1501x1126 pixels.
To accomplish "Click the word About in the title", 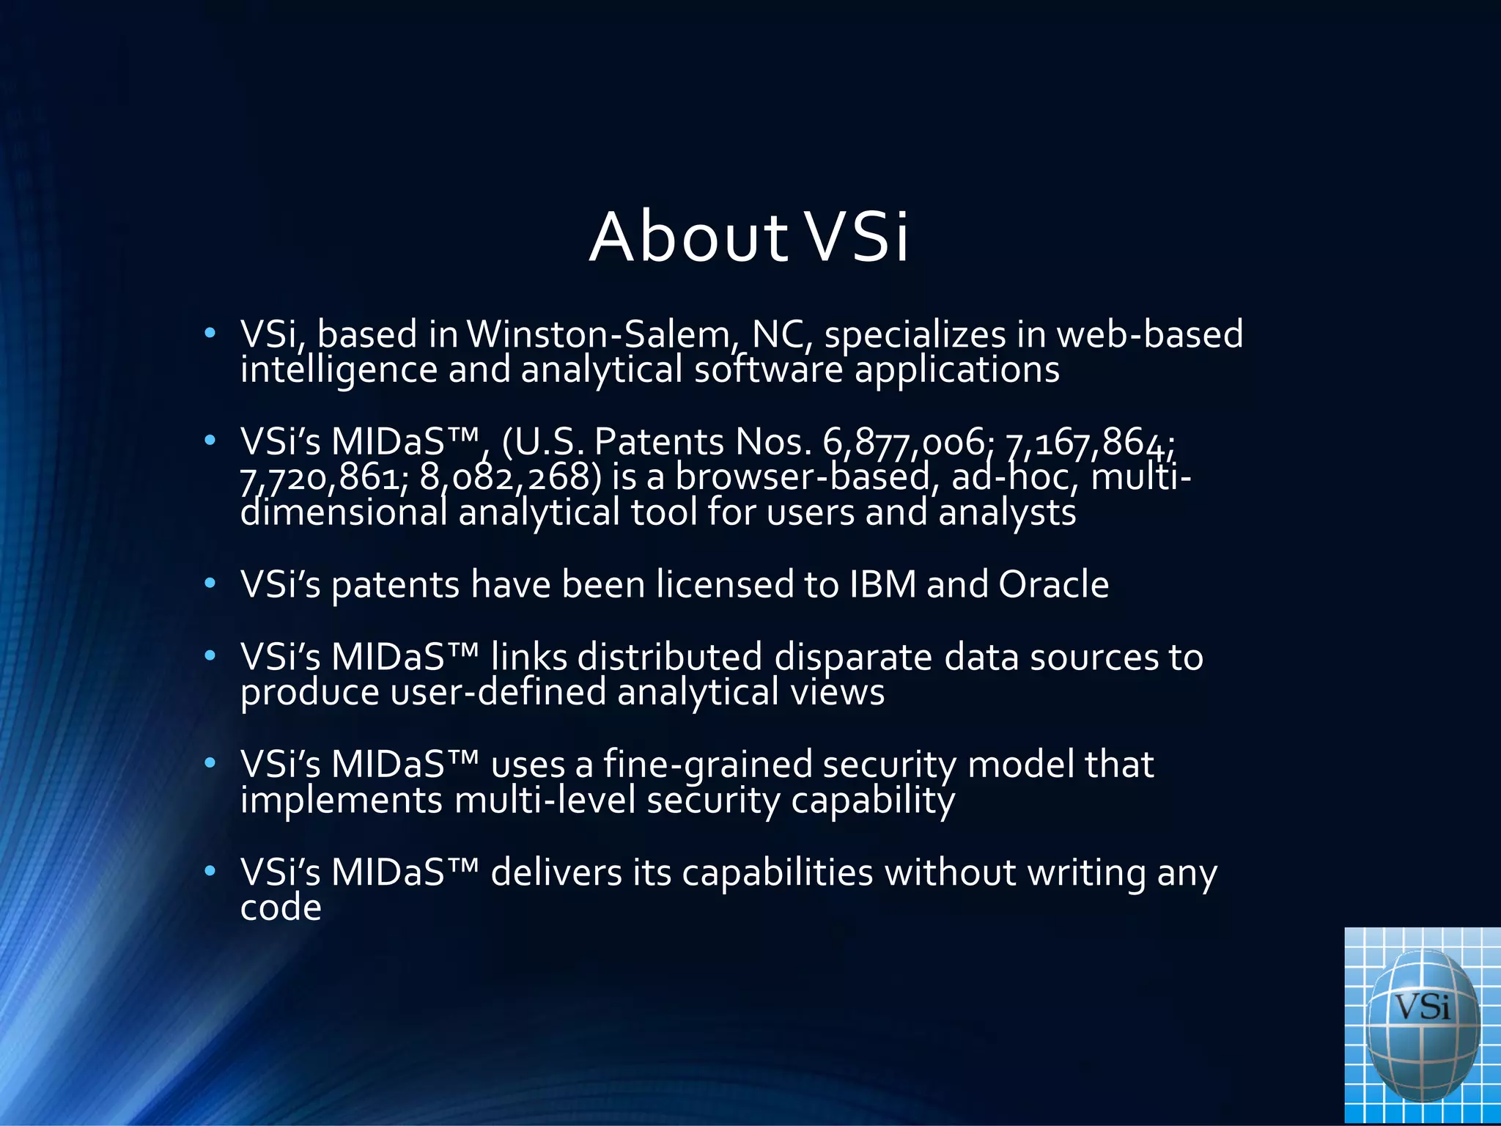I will click(688, 238).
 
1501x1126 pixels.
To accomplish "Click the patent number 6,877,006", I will click(904, 442).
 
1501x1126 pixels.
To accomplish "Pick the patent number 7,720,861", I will click(320, 478).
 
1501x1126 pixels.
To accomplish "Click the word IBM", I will click(882, 585).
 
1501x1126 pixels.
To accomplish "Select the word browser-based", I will click(803, 478).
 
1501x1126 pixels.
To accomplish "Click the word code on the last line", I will click(281, 908).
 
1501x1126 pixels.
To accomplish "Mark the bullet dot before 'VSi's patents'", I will click(210, 584).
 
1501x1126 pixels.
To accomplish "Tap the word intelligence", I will click(339, 370).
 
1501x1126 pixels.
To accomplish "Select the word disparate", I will click(853, 657).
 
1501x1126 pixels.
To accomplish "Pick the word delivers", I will click(556, 873).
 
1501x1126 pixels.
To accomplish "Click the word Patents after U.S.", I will click(659, 442).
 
